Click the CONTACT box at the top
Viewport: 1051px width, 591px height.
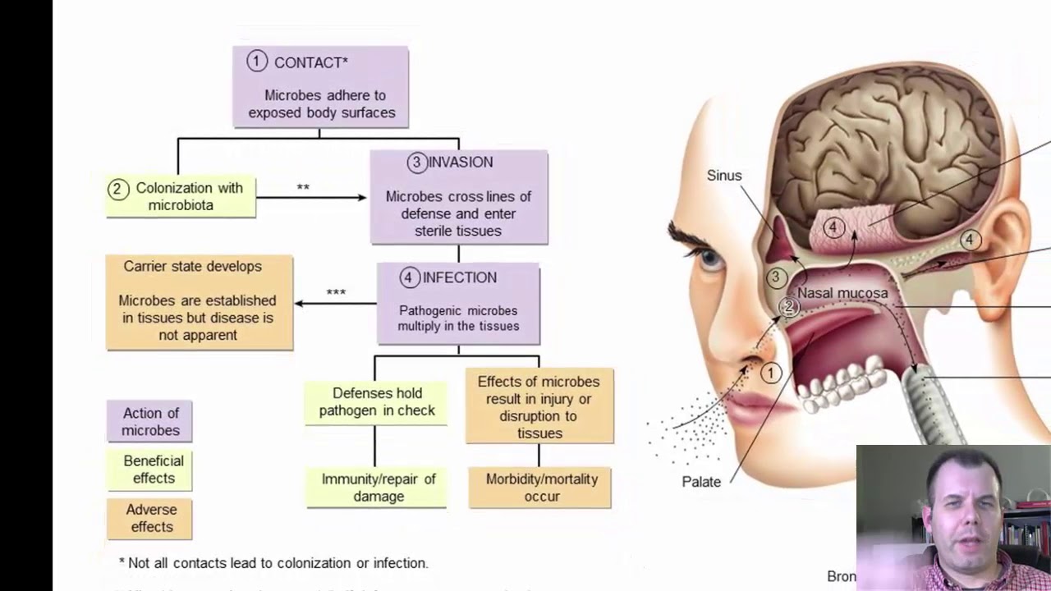(x=320, y=86)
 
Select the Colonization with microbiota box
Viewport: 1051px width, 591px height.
(x=181, y=196)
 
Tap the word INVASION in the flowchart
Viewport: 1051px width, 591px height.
(x=461, y=163)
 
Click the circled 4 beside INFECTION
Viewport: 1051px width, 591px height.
(x=409, y=277)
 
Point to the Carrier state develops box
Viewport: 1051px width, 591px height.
(x=199, y=302)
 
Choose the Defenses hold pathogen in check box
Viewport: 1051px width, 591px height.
(x=376, y=402)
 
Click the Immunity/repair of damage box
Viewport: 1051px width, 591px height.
(x=377, y=488)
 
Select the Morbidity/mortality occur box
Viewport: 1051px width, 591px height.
(x=540, y=488)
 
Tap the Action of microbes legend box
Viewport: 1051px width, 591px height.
(x=149, y=422)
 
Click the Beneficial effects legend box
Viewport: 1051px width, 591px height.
(x=149, y=470)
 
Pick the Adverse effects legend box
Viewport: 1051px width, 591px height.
(x=149, y=519)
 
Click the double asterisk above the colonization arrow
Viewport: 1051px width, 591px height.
(x=303, y=188)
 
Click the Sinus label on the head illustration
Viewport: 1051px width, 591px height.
(x=723, y=176)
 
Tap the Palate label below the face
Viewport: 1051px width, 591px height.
(x=701, y=482)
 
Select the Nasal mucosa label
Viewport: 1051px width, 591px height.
(x=842, y=293)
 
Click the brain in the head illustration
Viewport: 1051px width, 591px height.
(x=887, y=156)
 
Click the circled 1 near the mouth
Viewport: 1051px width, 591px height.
(x=770, y=373)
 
